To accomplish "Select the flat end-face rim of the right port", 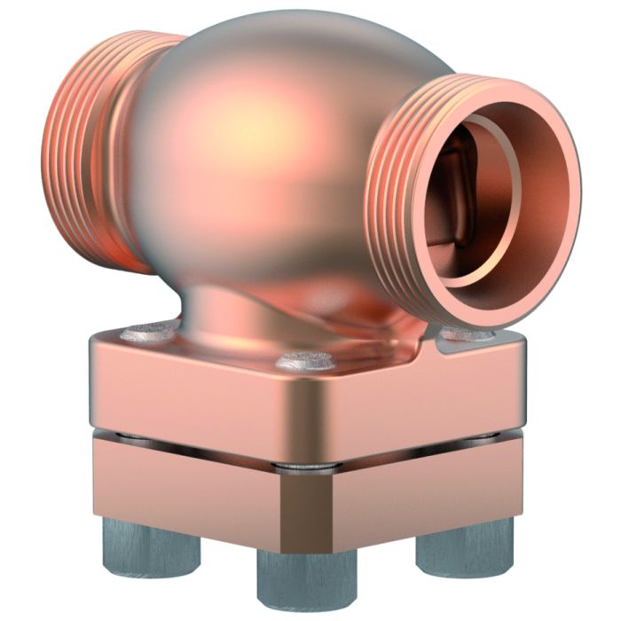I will pos(532,266).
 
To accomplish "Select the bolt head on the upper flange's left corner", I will pos(147,334).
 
